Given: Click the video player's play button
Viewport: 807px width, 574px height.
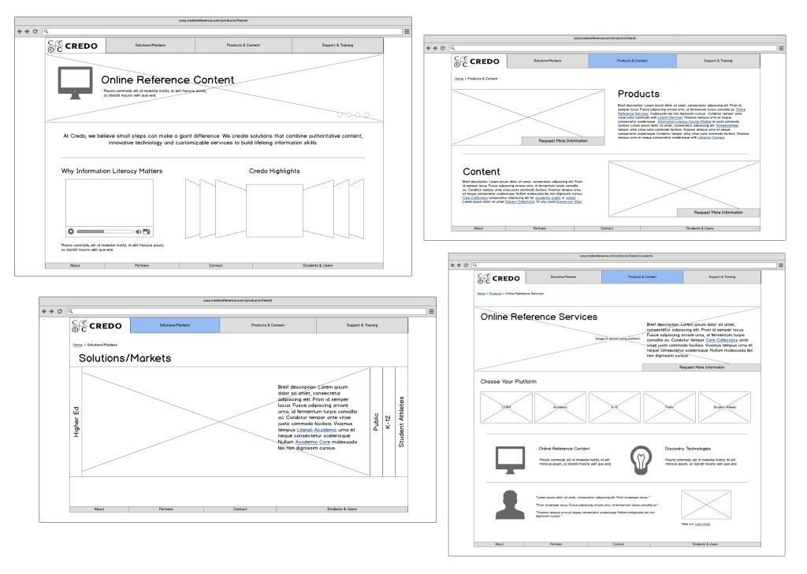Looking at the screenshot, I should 71,231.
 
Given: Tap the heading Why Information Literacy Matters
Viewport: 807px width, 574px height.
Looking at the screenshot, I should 112,171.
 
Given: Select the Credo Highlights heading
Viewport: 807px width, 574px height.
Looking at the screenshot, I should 273,171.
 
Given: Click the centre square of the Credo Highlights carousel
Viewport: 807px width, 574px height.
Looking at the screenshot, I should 273,210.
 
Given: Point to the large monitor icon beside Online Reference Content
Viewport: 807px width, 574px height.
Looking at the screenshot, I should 75,83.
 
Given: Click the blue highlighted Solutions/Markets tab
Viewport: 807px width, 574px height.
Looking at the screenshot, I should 175,325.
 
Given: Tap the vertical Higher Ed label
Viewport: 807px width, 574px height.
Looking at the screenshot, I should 76,422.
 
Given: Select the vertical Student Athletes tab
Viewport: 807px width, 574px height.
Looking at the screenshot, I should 401,422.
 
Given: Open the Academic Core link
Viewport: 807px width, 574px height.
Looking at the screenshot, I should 314,443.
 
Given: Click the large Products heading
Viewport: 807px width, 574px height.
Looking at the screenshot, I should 638,94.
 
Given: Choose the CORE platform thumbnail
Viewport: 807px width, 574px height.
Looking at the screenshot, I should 506,408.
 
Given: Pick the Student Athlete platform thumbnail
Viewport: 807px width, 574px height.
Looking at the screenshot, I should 724,408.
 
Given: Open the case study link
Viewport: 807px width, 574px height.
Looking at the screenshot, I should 703,524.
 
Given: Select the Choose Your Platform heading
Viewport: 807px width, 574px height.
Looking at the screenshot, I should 508,382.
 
